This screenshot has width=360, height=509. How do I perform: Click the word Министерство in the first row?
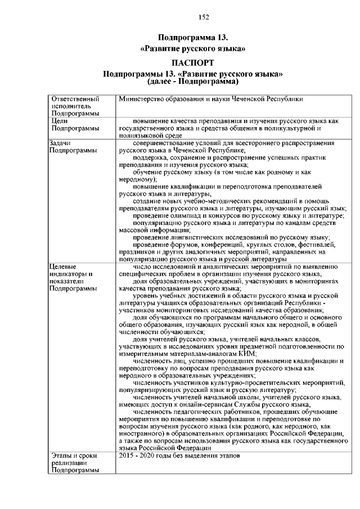[x=139, y=99]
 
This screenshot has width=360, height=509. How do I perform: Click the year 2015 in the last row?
[x=127, y=456]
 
